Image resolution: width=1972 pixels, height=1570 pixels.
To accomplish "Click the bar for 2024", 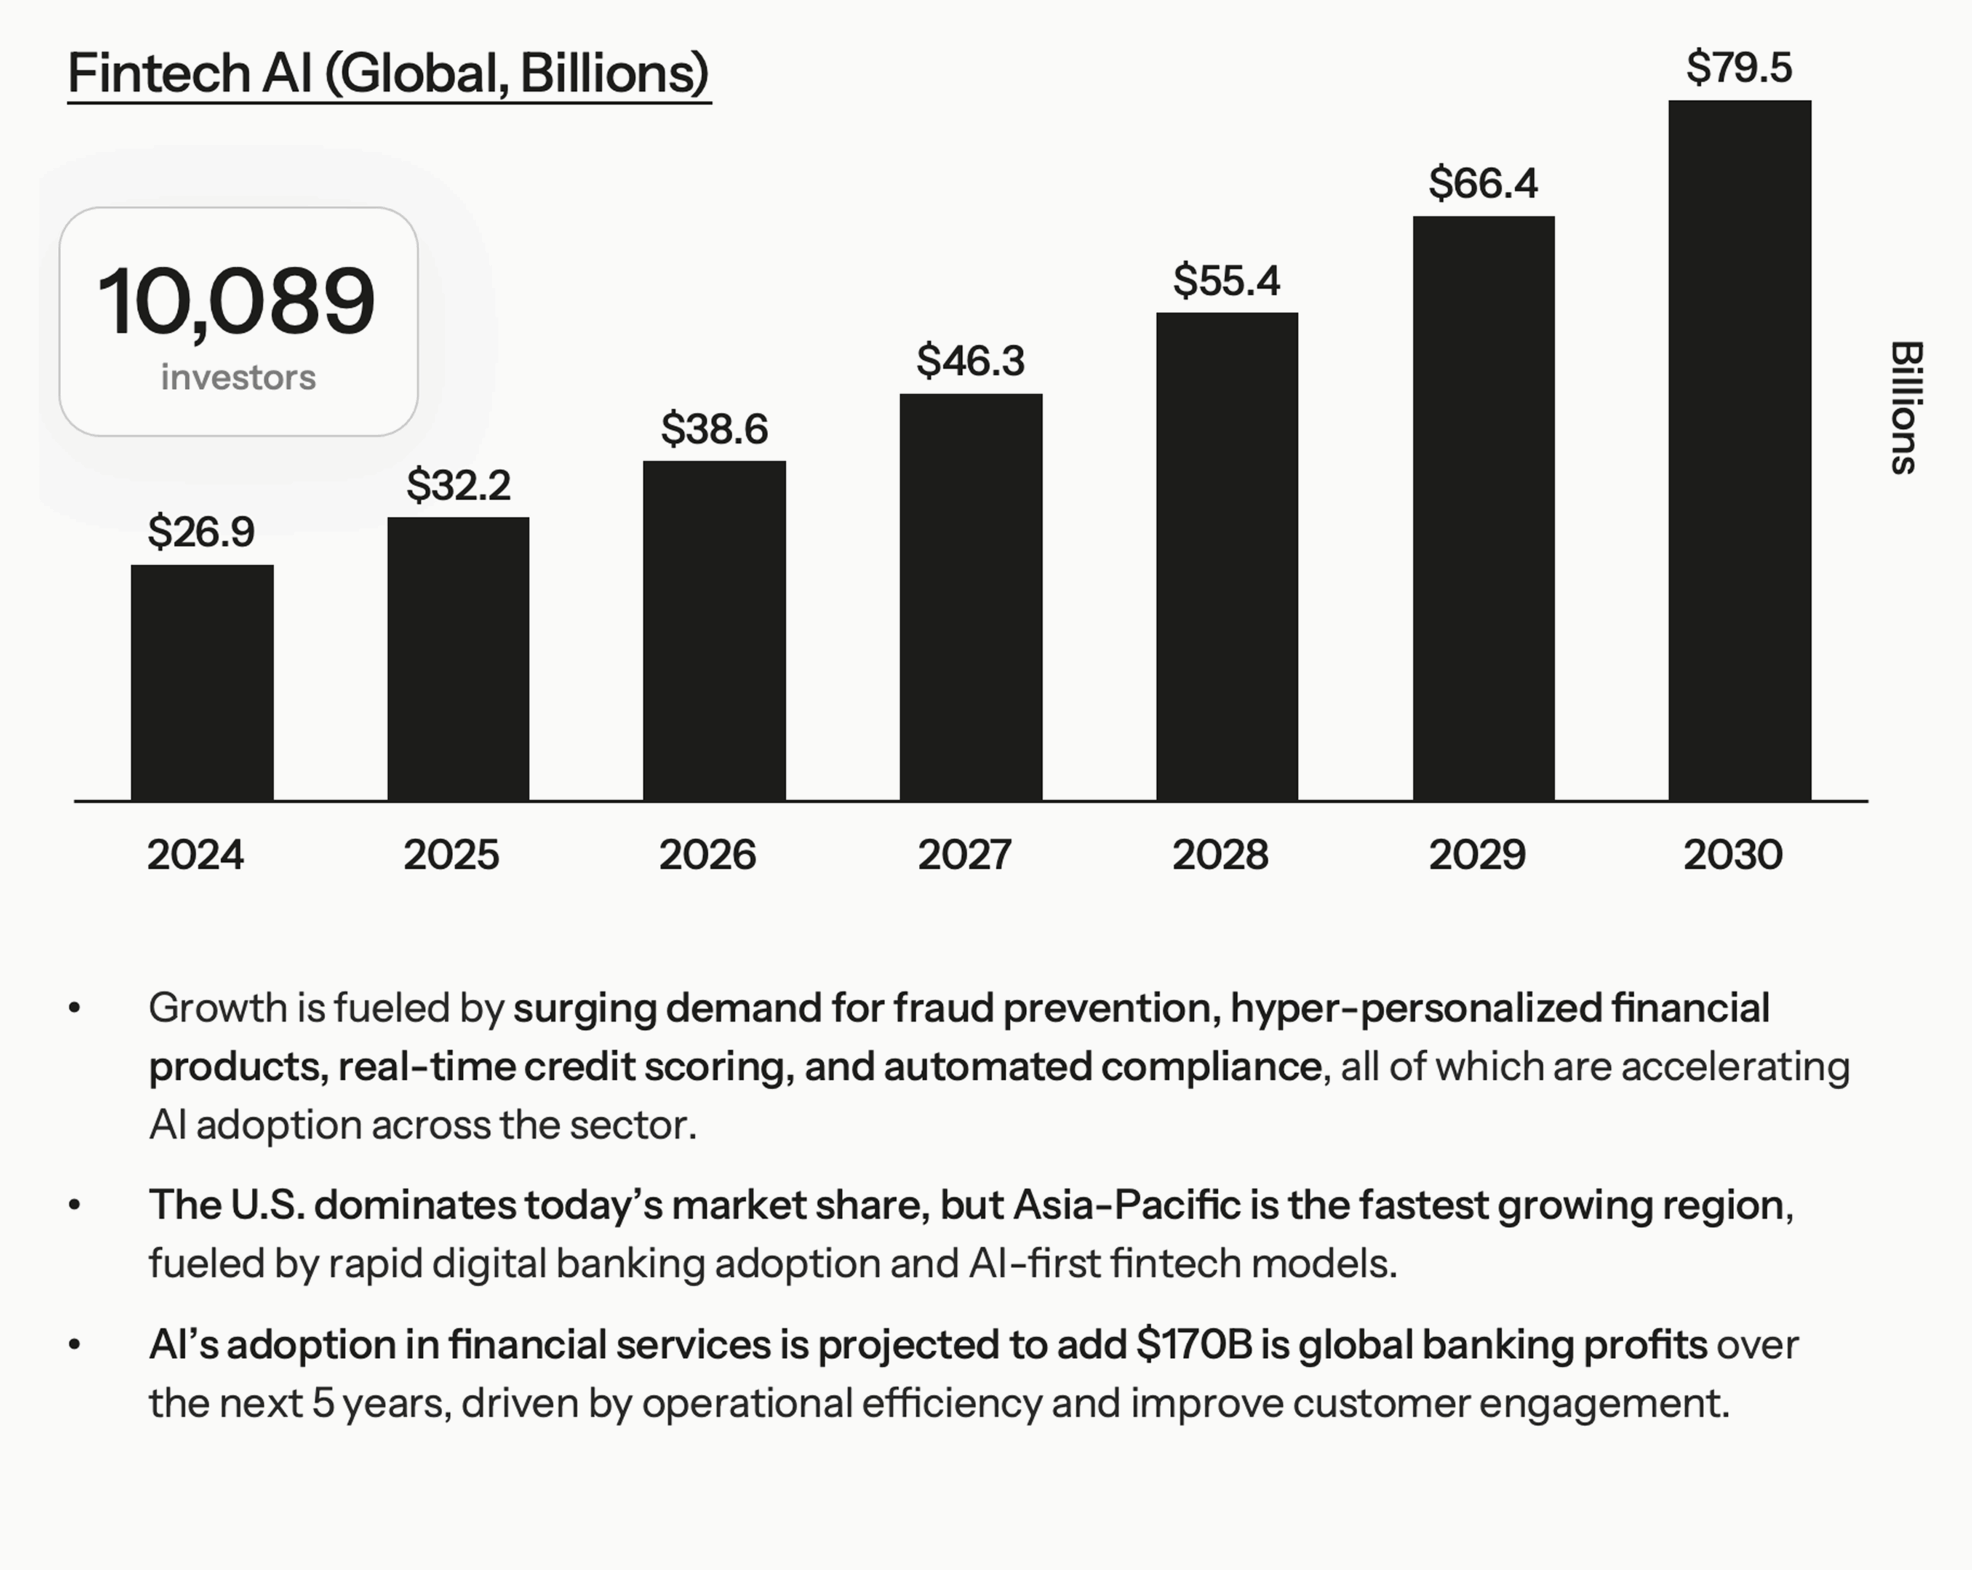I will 202,683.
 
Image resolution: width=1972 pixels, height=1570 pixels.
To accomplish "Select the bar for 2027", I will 971,598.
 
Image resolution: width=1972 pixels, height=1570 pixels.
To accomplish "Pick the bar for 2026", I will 713,630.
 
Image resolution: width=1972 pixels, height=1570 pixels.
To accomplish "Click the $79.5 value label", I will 1739,68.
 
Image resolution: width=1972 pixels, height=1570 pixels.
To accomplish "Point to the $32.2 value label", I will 458,485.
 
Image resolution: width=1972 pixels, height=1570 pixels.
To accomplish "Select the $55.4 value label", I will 1226,280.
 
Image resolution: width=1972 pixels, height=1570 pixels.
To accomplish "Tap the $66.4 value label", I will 1483,183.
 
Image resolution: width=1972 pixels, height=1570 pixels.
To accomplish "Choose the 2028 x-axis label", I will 1220,854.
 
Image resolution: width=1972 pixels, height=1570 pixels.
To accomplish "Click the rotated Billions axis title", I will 1907,408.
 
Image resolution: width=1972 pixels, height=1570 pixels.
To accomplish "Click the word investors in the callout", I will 238,377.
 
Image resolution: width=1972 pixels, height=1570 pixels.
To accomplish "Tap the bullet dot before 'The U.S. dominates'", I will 75,1205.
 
